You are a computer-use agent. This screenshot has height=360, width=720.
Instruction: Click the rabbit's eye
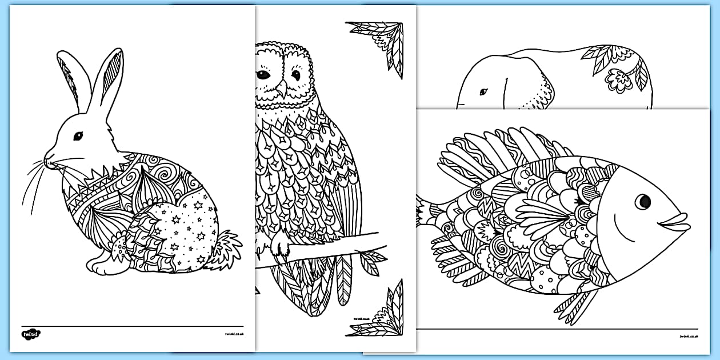click(x=78, y=136)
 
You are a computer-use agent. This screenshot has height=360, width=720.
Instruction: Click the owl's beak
click(x=281, y=87)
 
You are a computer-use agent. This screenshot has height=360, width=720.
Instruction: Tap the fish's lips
click(x=678, y=222)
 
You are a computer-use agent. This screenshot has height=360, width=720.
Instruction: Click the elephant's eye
click(x=483, y=92)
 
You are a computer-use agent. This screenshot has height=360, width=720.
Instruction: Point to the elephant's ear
click(x=534, y=91)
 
